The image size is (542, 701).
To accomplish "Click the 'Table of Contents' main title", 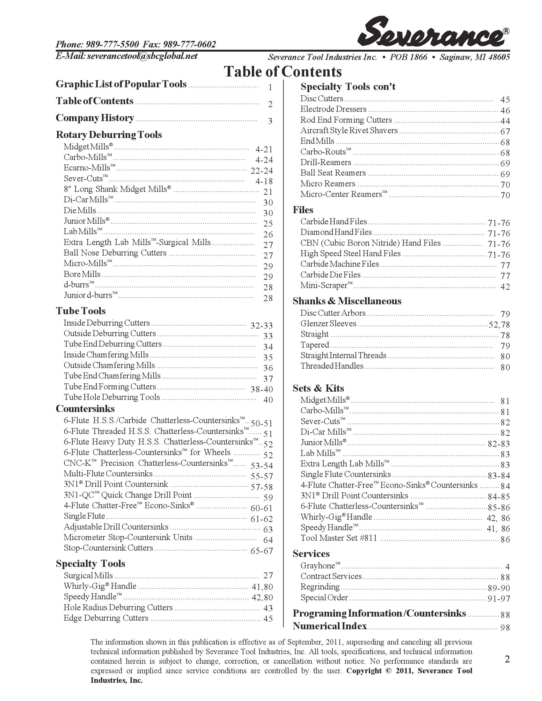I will coord(282,72).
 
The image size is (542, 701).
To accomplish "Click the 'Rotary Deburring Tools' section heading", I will coord(108,134).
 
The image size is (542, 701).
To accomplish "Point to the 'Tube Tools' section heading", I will coord(81,311).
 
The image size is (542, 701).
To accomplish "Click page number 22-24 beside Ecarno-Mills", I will coord(261,171).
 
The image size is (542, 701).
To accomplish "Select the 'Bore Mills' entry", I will coord(82,274).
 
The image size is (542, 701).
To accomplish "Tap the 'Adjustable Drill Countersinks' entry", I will coord(116,527).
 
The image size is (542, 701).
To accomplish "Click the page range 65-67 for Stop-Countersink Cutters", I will coord(261,551).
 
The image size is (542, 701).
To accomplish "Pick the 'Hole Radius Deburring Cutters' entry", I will coord(118,607).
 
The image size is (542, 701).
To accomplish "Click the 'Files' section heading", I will coord(303,210).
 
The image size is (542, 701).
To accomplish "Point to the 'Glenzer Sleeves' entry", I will coord(328,323).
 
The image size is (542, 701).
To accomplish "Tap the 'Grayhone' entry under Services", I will coord(320,566).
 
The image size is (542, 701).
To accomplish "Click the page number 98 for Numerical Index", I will coord(505,627).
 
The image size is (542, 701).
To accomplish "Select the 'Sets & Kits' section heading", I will coord(318,388).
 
